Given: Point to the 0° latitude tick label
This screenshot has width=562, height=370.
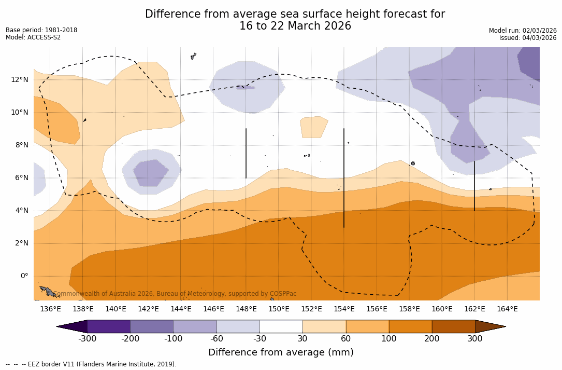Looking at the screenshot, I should coord(24,276).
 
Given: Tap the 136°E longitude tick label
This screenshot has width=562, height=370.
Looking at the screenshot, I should coord(50,309).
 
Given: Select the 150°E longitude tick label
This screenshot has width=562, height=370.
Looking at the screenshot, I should coord(279,309).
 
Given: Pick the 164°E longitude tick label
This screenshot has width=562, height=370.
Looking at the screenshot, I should coord(507,309).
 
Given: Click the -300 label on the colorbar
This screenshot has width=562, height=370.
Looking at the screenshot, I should coord(88,339).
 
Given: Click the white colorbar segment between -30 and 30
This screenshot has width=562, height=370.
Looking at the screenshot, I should coord(281,326).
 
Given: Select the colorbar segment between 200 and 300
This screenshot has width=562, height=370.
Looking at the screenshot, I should coord(453,326).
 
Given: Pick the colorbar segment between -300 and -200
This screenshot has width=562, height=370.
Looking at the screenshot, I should coord(109,326).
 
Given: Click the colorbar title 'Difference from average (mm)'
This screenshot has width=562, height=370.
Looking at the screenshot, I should coord(281,353).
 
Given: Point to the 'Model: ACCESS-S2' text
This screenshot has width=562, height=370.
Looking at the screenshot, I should coord(33,37).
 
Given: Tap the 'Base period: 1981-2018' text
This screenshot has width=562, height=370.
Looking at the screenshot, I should coord(41,30).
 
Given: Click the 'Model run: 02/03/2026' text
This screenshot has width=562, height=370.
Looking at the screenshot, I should coord(523,31).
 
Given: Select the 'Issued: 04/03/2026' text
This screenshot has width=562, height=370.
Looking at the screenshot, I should coord(528,38).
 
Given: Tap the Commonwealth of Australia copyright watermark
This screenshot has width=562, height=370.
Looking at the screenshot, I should coord(175,294).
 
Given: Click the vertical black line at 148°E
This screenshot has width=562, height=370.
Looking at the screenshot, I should coord(246,153).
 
